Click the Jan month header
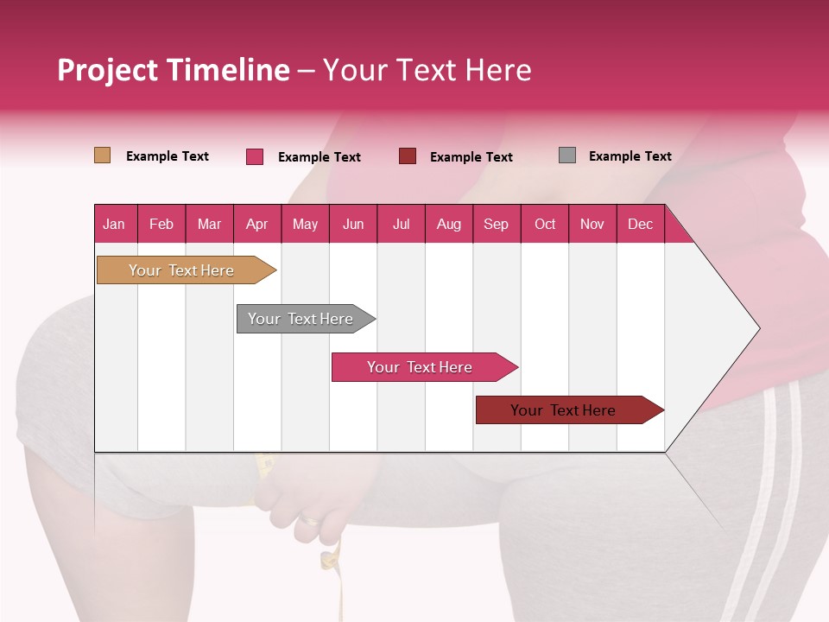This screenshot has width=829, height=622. click(115, 224)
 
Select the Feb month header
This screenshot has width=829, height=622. click(161, 224)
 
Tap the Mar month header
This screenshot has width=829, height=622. click(209, 224)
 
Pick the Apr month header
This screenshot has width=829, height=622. click(256, 224)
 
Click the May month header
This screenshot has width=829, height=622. click(305, 224)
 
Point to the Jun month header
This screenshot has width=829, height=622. click(353, 224)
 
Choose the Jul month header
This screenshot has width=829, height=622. click(401, 224)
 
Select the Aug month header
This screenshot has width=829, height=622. click(449, 224)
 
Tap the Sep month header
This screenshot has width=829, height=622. click(497, 224)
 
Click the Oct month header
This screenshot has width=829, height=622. click(545, 224)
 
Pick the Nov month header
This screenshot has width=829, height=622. click(592, 224)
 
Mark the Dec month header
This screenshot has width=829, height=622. click(640, 224)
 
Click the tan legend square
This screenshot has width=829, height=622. click(103, 155)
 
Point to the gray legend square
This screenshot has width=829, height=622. click(567, 155)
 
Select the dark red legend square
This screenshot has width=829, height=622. click(408, 156)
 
